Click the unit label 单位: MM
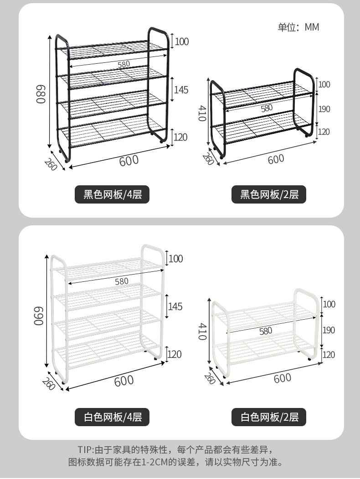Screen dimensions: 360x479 click(x=298, y=27)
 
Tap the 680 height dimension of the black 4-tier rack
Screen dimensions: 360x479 click(x=41, y=94)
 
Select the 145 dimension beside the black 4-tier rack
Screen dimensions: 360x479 click(x=181, y=90)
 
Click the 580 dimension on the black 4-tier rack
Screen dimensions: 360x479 click(x=124, y=64)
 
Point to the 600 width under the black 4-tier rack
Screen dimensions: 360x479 click(x=129, y=161)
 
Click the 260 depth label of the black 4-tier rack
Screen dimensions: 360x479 click(x=51, y=164)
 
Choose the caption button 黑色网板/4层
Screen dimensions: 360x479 click(x=112, y=194)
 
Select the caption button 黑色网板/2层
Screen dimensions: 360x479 click(x=269, y=194)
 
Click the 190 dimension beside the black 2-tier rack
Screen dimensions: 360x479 click(x=324, y=109)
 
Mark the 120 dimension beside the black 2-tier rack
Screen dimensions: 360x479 click(x=324, y=132)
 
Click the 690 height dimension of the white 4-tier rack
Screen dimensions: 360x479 click(x=39, y=316)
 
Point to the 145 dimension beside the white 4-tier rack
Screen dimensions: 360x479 click(x=175, y=306)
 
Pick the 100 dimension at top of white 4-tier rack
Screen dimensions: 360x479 click(x=175, y=259)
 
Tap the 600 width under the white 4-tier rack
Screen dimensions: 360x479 click(x=124, y=381)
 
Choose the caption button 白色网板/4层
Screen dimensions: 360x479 click(x=112, y=417)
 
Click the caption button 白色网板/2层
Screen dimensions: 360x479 click(x=269, y=417)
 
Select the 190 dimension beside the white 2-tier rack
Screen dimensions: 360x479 click(x=329, y=330)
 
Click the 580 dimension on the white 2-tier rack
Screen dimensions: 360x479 click(x=266, y=331)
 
